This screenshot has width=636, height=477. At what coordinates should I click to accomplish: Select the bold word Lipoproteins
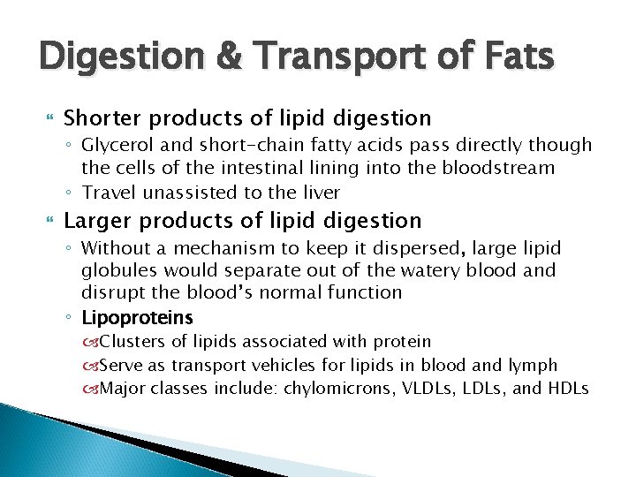137,317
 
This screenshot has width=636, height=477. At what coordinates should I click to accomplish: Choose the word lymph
534,365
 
